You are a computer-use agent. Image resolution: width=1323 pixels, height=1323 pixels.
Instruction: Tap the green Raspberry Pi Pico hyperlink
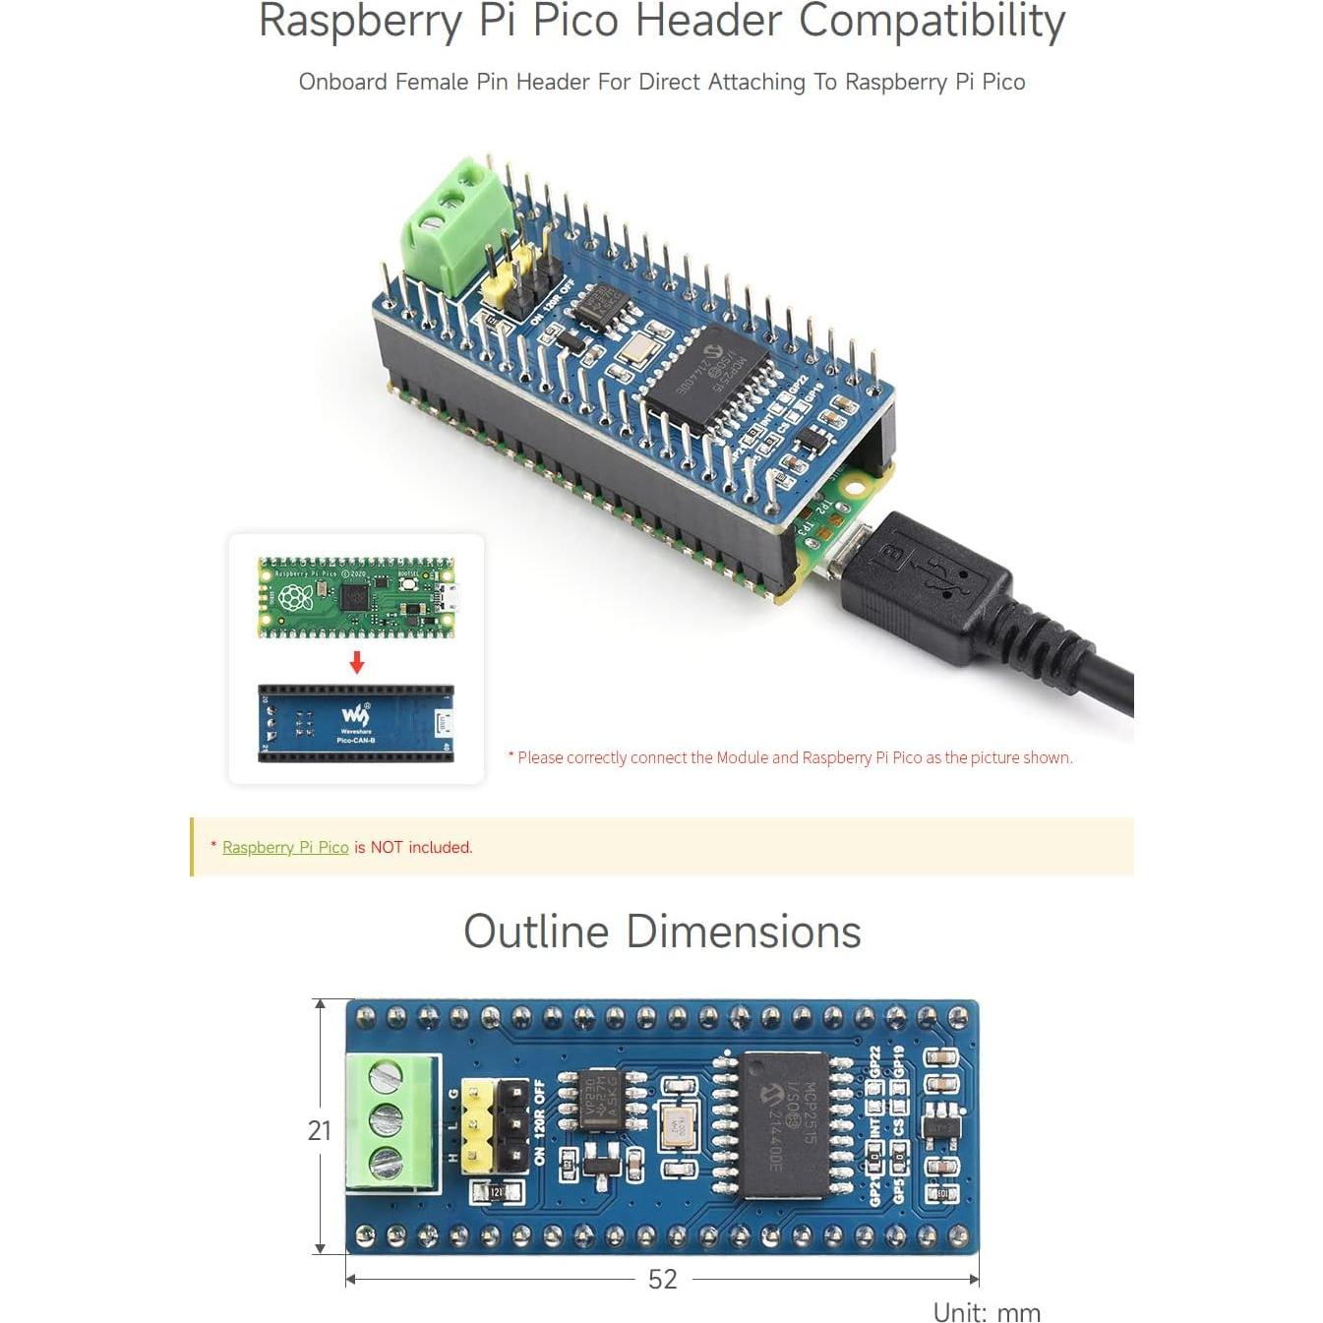(x=285, y=847)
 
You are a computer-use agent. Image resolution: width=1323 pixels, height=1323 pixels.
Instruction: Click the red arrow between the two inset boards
(x=357, y=662)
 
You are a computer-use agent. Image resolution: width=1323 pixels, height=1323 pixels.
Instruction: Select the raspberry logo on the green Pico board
(x=295, y=597)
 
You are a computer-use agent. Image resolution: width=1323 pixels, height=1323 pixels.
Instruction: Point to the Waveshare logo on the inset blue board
(x=355, y=715)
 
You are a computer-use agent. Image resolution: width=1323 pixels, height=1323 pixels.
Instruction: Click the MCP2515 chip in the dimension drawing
(x=785, y=1124)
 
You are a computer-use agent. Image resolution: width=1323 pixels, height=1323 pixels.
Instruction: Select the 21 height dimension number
(x=319, y=1130)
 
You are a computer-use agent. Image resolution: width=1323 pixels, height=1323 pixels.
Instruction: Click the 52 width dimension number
(x=662, y=1279)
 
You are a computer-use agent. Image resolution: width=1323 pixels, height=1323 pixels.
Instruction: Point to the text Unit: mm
(x=986, y=1312)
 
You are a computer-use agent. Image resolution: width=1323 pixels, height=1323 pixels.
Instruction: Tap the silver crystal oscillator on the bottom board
(x=678, y=1125)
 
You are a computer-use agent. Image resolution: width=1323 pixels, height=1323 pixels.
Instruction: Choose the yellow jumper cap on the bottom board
(x=477, y=1126)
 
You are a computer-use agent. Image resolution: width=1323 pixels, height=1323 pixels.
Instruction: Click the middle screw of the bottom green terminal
(x=386, y=1119)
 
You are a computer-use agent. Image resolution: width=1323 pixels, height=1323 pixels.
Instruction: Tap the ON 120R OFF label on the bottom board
(x=539, y=1123)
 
